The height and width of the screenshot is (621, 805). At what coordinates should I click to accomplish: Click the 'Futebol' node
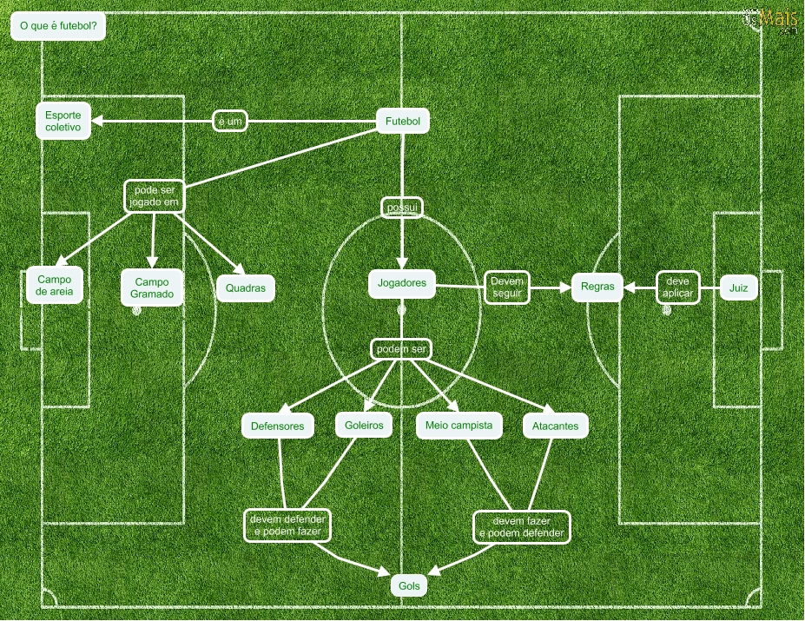pyautogui.click(x=403, y=121)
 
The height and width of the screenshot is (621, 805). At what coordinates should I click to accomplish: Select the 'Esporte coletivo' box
pyautogui.click(x=63, y=121)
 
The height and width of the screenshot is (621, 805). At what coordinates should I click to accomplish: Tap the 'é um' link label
pyautogui.click(x=230, y=122)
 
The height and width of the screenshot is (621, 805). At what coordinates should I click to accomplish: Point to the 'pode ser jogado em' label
pyautogui.click(x=156, y=196)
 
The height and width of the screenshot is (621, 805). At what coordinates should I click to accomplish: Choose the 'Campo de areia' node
pyautogui.click(x=55, y=287)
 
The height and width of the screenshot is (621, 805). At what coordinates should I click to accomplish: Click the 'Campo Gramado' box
pyautogui.click(x=152, y=288)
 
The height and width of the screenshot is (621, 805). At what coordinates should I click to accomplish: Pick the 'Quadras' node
pyautogui.click(x=246, y=288)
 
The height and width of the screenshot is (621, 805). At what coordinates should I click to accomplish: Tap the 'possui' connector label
pyautogui.click(x=402, y=208)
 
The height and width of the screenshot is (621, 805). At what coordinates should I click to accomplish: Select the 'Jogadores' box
pyautogui.click(x=402, y=283)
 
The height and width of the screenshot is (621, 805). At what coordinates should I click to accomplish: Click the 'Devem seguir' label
pyautogui.click(x=507, y=287)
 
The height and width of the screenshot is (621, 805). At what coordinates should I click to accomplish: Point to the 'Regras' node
pyautogui.click(x=597, y=287)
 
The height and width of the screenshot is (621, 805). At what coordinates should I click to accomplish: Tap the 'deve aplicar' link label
pyautogui.click(x=677, y=287)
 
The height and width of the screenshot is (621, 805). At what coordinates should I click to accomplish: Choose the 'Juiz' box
pyautogui.click(x=739, y=287)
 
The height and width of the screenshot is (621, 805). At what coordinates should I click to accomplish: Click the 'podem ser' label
pyautogui.click(x=402, y=349)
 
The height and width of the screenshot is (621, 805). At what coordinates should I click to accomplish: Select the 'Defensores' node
pyautogui.click(x=277, y=426)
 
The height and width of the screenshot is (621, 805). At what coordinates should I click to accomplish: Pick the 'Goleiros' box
pyautogui.click(x=364, y=425)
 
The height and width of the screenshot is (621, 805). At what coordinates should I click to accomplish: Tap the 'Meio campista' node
pyautogui.click(x=459, y=425)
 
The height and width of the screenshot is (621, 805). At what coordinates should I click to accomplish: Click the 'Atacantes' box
pyautogui.click(x=557, y=426)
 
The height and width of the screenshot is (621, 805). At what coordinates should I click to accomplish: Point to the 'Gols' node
pyautogui.click(x=410, y=586)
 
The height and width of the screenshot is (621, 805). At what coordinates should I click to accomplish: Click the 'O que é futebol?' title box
pyautogui.click(x=58, y=26)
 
